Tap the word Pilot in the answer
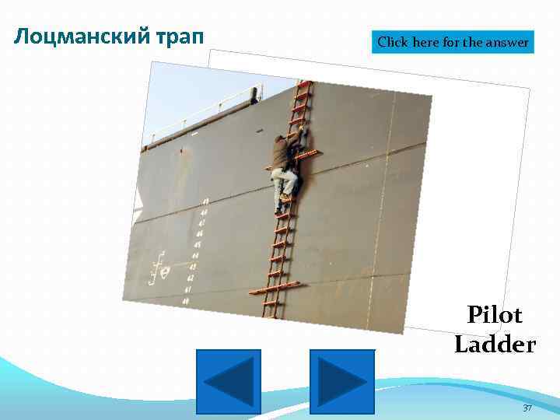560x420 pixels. [495, 315]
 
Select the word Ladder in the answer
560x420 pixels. [495, 344]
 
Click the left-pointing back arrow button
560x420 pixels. [228, 381]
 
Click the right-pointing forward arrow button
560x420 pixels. [342, 381]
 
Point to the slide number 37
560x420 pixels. [527, 408]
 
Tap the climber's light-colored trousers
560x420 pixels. [284, 187]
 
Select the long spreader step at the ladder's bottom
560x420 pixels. [275, 290]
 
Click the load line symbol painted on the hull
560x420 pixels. [161, 269]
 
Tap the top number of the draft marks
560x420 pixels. [205, 201]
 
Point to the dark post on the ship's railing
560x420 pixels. [254, 94]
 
